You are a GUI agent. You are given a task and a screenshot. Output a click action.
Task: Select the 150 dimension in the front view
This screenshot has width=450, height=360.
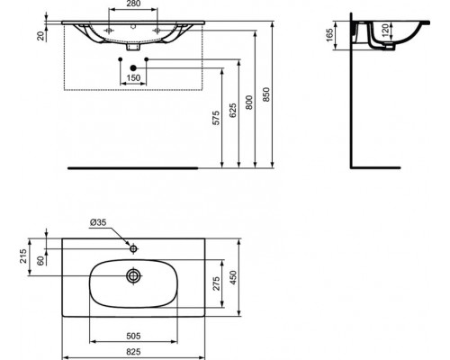click(133, 79)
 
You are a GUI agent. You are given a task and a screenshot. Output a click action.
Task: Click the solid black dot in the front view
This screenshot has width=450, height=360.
click(133, 67)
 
